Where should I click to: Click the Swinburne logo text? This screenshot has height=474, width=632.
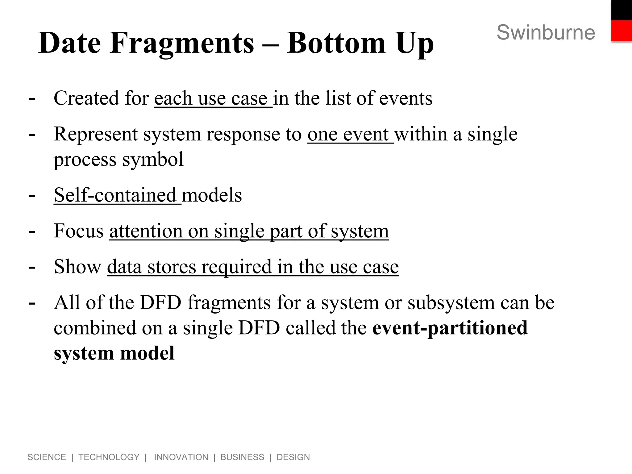[546, 32]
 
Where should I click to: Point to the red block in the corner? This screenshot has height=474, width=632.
[622, 31]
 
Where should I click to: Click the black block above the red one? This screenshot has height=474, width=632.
[622, 10]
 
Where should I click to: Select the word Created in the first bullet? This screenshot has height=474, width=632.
[86, 98]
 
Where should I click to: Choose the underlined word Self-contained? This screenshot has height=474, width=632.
[115, 195]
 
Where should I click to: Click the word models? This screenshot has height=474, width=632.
[212, 195]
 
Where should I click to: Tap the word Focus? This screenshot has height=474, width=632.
[79, 231]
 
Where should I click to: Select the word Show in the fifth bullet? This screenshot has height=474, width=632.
[77, 267]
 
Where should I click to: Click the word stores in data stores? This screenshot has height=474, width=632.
[172, 267]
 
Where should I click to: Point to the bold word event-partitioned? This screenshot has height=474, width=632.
[450, 328]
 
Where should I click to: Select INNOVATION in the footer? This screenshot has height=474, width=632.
[181, 457]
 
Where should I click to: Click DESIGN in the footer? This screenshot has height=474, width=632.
[293, 457]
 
